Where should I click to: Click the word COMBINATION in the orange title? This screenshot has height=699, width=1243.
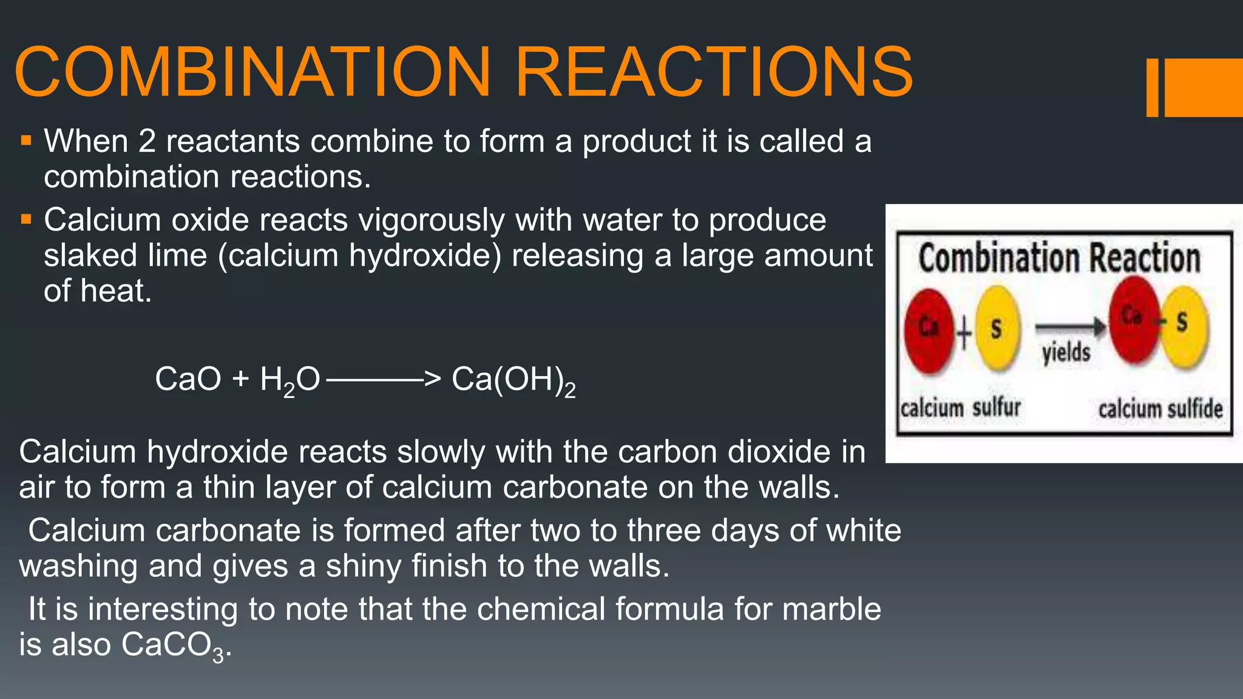click(x=252, y=72)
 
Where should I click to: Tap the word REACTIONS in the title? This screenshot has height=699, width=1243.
click(x=714, y=72)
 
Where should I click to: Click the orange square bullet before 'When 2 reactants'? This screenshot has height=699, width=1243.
click(x=25, y=141)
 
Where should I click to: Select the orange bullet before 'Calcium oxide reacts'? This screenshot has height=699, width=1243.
click(x=25, y=219)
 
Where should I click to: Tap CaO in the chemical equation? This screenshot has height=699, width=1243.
click(x=188, y=379)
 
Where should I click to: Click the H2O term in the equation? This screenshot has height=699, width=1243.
click(x=290, y=380)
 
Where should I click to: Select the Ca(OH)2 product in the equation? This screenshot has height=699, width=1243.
click(x=513, y=380)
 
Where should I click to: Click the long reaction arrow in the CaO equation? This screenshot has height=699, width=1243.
click(x=382, y=380)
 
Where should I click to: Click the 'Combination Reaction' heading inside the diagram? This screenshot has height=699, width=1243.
click(x=1059, y=258)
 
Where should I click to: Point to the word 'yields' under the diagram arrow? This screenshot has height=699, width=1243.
click(x=1066, y=352)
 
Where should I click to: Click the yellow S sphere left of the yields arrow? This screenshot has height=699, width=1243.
click(x=997, y=329)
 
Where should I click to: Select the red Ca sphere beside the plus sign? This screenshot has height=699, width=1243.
click(x=928, y=329)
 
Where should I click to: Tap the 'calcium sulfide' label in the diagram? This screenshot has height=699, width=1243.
click(x=1160, y=408)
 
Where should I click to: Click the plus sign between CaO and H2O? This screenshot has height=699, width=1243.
click(x=240, y=379)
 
